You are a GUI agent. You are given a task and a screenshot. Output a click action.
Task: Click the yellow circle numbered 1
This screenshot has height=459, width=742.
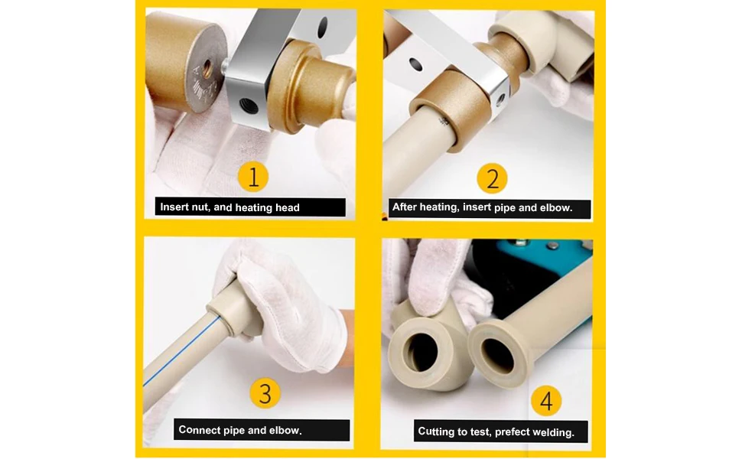(253, 177)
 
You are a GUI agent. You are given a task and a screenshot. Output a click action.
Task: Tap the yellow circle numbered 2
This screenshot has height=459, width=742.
(492, 179)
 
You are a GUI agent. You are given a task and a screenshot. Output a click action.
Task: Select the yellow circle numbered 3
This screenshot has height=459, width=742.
(265, 393)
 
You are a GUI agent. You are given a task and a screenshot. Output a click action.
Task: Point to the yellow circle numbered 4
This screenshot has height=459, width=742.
(546, 401)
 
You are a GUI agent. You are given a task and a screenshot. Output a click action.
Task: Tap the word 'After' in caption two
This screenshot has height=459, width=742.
(405, 207)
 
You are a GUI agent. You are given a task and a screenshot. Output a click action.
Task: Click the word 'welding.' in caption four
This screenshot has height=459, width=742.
(554, 432)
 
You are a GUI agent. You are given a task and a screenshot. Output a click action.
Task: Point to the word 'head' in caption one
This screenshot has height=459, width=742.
(288, 207)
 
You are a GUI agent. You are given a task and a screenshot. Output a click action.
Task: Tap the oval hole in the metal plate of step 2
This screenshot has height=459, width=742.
(415, 64)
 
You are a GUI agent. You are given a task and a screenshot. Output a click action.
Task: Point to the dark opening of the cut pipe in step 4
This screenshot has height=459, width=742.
(497, 355)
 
